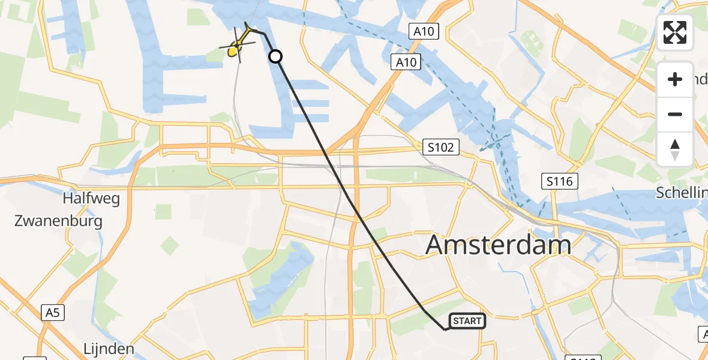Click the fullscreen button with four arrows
tap(675, 32)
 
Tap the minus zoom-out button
tap(675, 114)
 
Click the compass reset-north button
tap(675, 149)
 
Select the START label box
tap(467, 321)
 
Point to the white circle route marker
tap(275, 56)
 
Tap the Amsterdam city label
tap(498, 245)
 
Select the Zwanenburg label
tap(58, 220)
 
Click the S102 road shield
tap(440, 146)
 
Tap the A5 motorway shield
tap(52, 311)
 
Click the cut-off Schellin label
tap(682, 192)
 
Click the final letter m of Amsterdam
tap(558, 245)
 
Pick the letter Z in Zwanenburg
tap(19, 220)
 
